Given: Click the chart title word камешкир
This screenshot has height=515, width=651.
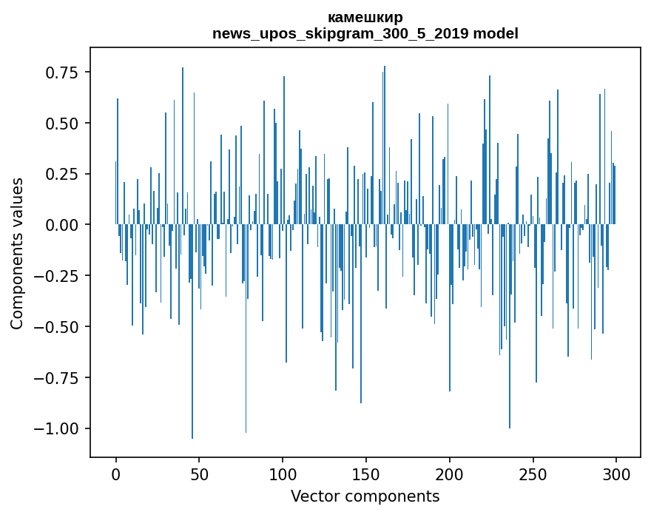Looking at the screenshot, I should click(x=365, y=18).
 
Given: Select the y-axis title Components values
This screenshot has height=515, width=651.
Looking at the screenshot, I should click(x=17, y=253).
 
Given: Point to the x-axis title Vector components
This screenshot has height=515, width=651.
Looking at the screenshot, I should click(x=365, y=497).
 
